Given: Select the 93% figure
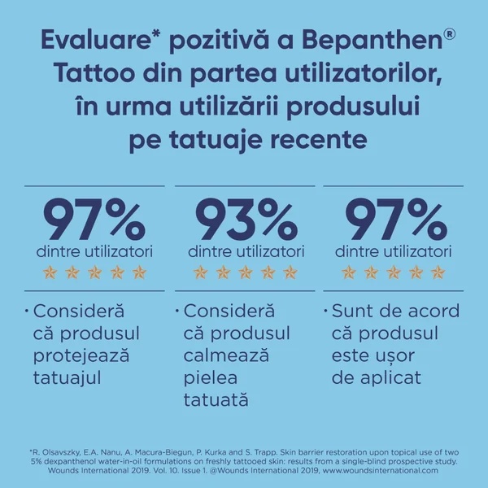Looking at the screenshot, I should tap(244, 218).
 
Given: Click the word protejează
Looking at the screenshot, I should tap(81, 355).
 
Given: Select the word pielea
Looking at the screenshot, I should tap(210, 377).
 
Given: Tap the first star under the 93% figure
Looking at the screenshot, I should tap(199, 272).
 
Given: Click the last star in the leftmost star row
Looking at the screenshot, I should tap(139, 272).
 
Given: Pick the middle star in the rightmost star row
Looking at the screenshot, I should tap(395, 272).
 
